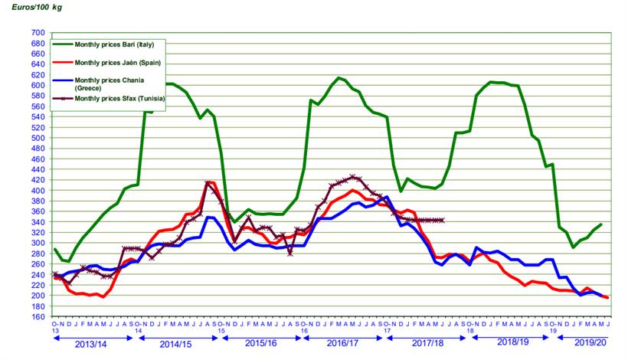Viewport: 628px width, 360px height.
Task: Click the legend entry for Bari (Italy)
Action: [x=119, y=45]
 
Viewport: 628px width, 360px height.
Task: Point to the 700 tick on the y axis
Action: [x=38, y=34]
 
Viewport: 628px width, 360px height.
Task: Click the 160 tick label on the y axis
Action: [x=38, y=316]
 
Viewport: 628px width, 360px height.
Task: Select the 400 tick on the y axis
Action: [x=38, y=191]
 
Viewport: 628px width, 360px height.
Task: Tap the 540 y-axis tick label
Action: [x=38, y=117]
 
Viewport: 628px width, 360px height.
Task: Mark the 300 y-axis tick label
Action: [x=38, y=243]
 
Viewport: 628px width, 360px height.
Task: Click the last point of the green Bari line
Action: [x=601, y=224]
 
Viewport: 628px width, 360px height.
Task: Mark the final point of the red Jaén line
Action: [x=608, y=297]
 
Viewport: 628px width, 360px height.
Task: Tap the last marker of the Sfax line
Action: [x=443, y=220]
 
